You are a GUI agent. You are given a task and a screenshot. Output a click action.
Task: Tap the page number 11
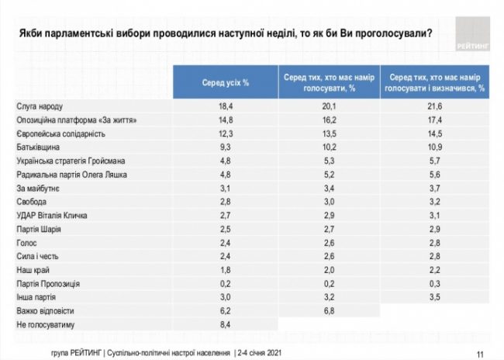coord(482,353)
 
